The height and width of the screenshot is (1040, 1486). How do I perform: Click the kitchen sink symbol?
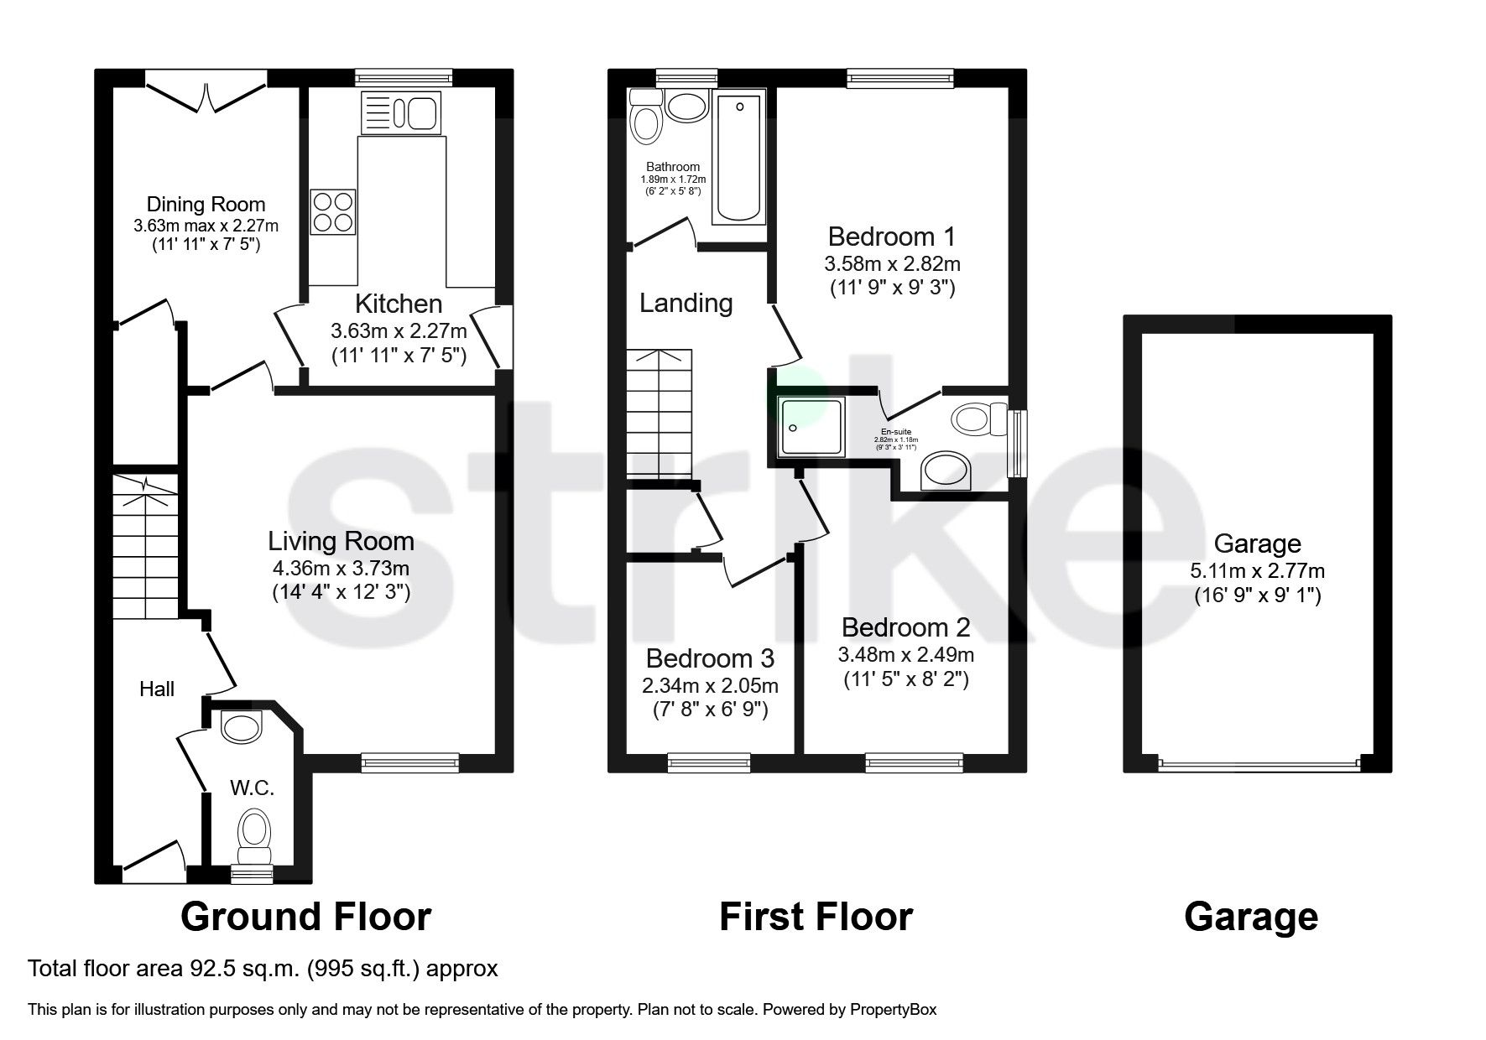pos(401,112)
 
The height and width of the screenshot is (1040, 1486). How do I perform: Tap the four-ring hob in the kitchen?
pos(333,212)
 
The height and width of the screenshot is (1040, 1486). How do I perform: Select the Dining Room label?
pos(206,204)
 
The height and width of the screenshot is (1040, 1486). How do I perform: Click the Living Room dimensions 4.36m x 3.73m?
pos(340,568)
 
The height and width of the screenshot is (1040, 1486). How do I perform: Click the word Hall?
pos(157,689)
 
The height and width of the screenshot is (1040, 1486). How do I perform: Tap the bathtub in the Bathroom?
pos(738,159)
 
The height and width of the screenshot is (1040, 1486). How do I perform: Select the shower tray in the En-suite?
pos(811,427)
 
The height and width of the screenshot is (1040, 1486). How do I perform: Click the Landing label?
pos(686,303)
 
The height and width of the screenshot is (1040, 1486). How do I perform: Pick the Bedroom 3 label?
pos(710,658)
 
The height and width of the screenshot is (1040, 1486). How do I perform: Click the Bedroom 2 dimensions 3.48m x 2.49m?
pos(905,654)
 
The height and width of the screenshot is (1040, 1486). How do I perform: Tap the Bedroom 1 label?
pos(891,237)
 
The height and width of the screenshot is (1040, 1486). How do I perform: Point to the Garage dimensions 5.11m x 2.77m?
pos(1257,571)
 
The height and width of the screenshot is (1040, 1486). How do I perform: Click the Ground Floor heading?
pos(305,917)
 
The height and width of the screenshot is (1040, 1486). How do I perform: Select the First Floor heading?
pos(816,917)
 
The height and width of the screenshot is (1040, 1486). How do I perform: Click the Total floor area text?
pos(263,969)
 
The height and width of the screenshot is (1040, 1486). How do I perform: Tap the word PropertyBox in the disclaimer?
pos(893,1010)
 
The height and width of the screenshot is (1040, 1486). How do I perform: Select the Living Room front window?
pos(410,762)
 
